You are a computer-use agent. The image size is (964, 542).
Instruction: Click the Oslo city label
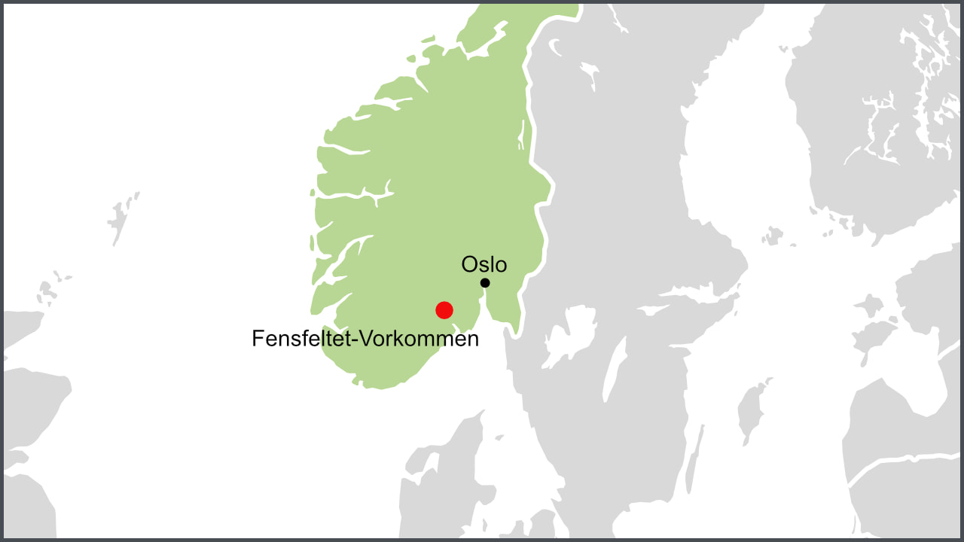pos(484,264)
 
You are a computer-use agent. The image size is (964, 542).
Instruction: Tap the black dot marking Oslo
pos(485,283)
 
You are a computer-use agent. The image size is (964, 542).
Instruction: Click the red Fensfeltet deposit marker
pos(444,309)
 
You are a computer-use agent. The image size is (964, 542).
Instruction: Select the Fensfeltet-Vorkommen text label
pos(365,339)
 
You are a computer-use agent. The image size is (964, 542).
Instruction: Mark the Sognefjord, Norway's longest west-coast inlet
pos(354,196)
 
